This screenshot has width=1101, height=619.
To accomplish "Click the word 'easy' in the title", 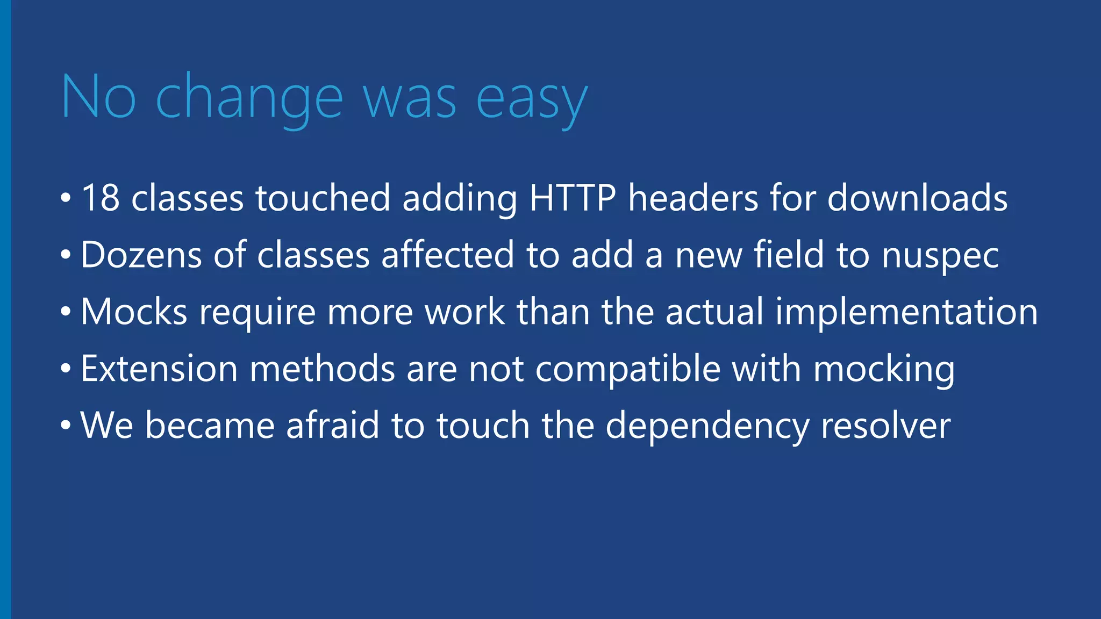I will (531, 99).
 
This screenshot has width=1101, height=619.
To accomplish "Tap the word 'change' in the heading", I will (249, 99).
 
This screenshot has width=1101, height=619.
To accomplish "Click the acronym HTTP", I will (573, 198).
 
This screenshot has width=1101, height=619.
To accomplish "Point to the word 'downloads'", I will (917, 198).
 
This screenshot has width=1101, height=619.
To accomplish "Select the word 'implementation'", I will (906, 313).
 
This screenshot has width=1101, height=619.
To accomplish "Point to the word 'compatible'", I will (628, 370).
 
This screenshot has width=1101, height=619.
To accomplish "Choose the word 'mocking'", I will (884, 370).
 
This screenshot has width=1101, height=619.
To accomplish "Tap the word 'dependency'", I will (707, 427).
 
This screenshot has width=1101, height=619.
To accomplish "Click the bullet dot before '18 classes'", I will (66, 199).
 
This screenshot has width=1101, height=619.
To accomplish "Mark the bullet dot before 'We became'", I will (66, 427).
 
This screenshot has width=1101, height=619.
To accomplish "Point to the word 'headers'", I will (693, 198).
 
